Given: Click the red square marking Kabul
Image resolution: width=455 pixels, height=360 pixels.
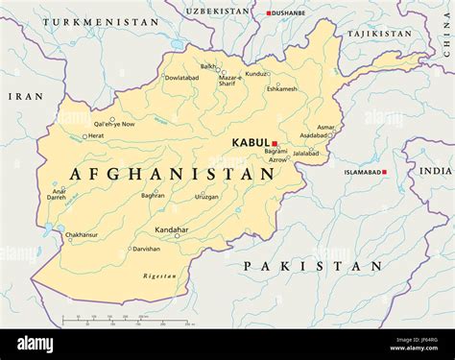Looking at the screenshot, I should [x=275, y=143].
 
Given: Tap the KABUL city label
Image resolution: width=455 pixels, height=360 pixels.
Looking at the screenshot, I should [x=251, y=143].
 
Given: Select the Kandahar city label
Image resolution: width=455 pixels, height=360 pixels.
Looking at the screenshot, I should [x=171, y=230].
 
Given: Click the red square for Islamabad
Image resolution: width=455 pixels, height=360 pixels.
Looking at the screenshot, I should [x=384, y=172].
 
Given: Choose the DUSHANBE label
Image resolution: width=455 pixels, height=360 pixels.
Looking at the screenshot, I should [x=289, y=12].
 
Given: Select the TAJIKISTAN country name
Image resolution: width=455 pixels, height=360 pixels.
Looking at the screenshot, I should [x=378, y=34].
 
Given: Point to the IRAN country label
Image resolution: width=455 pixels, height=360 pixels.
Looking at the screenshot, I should [x=26, y=96].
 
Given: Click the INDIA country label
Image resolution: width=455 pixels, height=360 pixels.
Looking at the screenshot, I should [x=435, y=170].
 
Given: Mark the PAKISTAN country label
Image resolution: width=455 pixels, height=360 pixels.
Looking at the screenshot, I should [x=313, y=266].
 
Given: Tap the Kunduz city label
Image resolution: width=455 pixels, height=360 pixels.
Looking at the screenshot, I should [x=256, y=73].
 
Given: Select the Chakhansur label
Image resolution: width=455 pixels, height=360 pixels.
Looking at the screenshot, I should [x=82, y=234].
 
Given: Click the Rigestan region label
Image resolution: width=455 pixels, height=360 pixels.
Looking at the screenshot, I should [x=159, y=276].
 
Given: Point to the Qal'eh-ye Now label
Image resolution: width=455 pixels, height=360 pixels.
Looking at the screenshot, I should [x=114, y=124].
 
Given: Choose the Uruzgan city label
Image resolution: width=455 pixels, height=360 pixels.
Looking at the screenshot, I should [x=207, y=196].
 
